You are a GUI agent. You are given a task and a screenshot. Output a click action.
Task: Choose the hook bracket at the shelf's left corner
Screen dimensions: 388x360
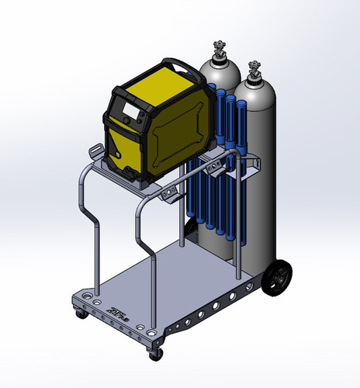pos(96,151)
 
